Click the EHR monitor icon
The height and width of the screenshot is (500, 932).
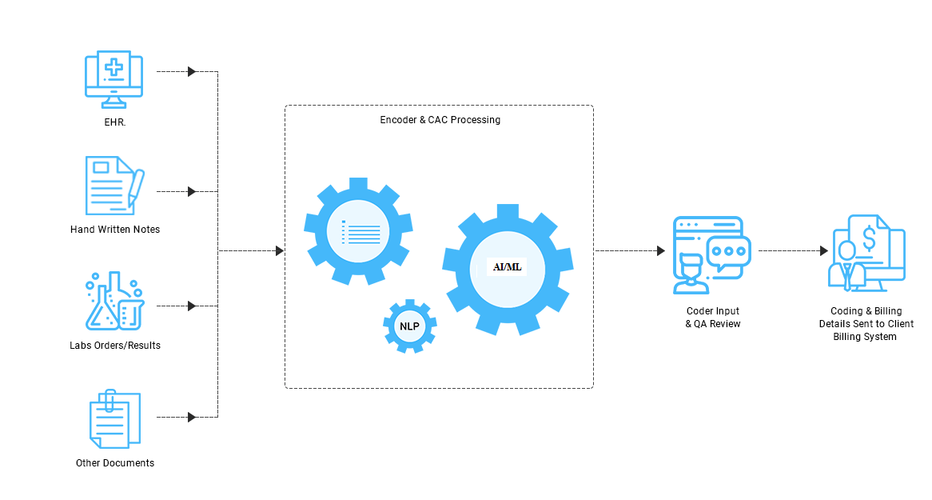[x=114, y=79]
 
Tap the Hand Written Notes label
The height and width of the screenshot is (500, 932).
[x=115, y=230]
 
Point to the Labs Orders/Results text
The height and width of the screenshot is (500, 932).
[x=115, y=346]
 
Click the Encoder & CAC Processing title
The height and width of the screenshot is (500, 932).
[x=440, y=120]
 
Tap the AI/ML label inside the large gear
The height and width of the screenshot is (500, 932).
[x=507, y=266]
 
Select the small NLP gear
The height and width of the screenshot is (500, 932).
[x=409, y=326]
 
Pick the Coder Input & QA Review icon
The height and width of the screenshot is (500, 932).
[x=711, y=254]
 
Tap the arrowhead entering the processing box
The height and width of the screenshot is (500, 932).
[x=280, y=251]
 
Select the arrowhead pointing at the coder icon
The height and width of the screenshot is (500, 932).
[x=661, y=251]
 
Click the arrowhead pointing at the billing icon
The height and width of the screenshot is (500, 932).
[x=823, y=251]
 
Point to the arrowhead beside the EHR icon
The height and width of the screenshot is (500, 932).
[x=192, y=72]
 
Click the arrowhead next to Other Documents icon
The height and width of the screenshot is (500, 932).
[x=192, y=417]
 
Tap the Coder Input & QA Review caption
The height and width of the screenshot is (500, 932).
[x=713, y=318]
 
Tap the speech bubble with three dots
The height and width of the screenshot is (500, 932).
[x=729, y=251]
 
